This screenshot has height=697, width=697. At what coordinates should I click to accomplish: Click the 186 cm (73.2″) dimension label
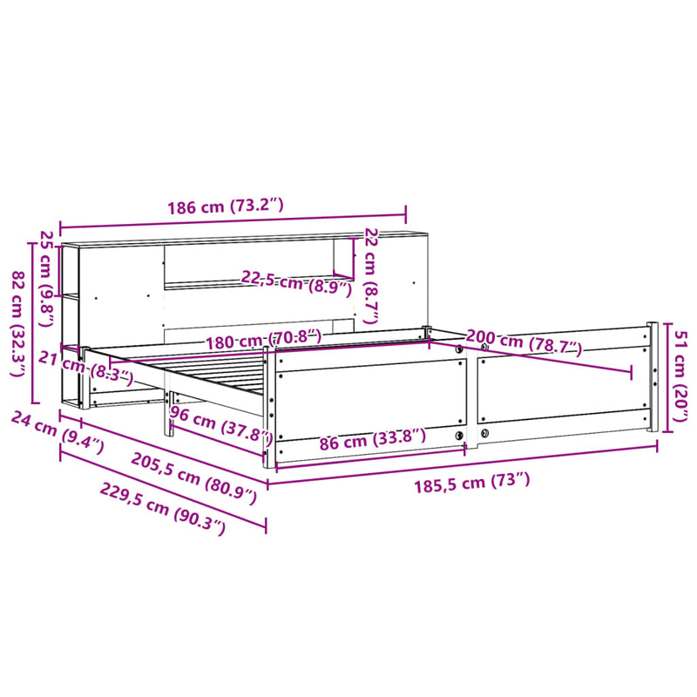coord(226,207)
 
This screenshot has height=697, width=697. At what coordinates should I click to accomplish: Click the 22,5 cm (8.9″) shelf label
coord(296,283)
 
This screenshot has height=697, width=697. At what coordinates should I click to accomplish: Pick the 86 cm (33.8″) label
coord(372,440)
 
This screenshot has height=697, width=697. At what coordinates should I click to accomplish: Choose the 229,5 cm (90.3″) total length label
coord(162,508)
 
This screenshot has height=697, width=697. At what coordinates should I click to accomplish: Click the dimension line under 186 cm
coord(233,222)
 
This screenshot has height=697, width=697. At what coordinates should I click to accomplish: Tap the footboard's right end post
coord(651,377)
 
